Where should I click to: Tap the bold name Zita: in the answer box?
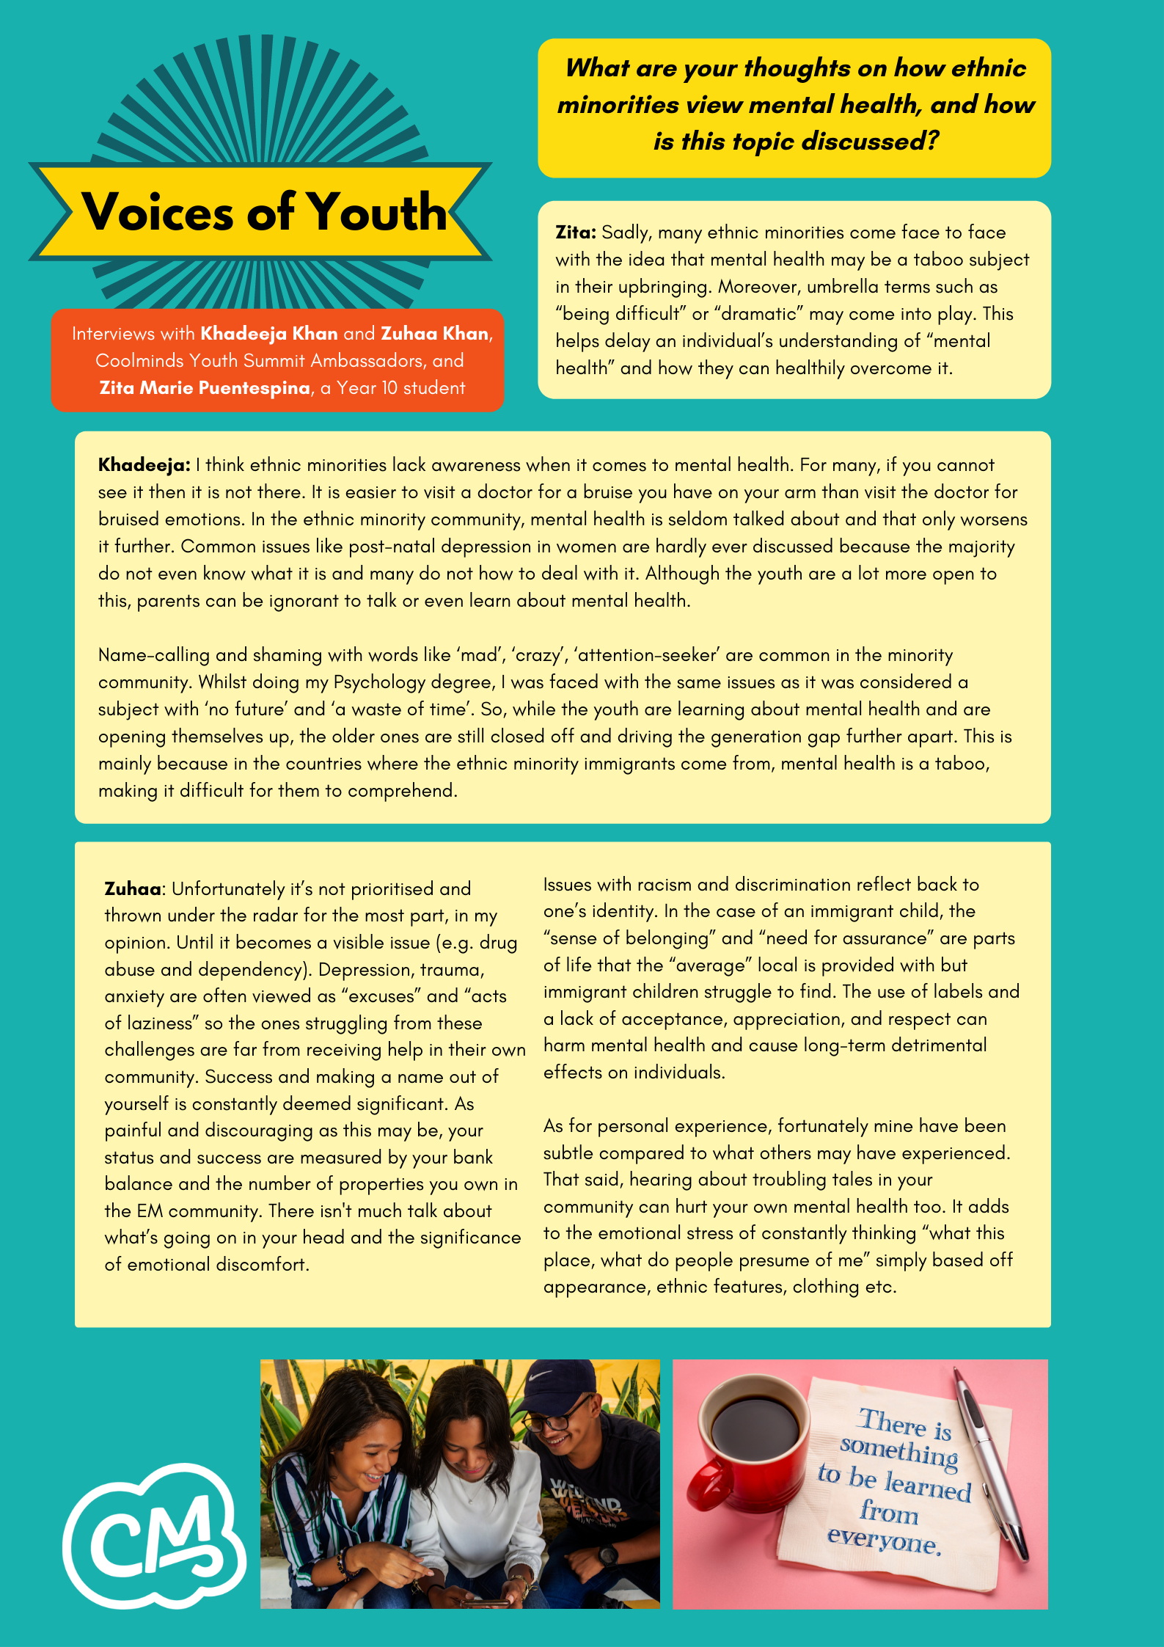[575, 233]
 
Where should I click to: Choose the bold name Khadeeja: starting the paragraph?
[144, 465]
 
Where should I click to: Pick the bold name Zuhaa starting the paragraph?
[133, 889]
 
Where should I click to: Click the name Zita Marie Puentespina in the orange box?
[205, 388]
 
